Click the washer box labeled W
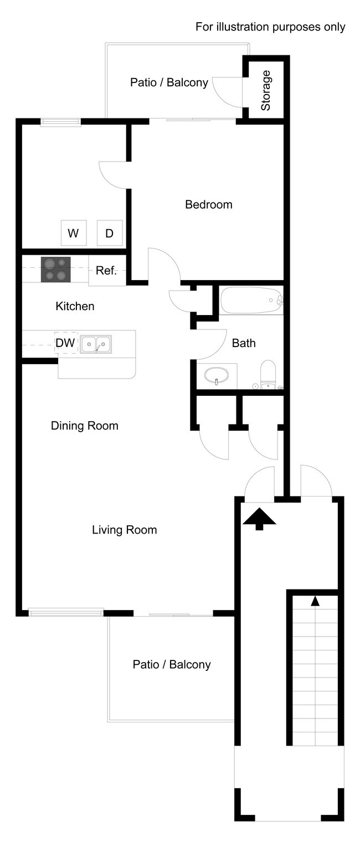tap(73, 233)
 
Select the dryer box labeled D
tap(109, 233)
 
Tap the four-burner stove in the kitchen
tap(55, 270)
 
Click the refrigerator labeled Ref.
tap(106, 271)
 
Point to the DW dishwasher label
tap(65, 343)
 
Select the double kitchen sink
tap(96, 344)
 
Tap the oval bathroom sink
tap(216, 376)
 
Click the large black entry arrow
tap(259, 519)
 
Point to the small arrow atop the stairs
tap(315, 600)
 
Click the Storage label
tap(266, 90)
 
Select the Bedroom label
tap(208, 205)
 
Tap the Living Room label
tap(124, 530)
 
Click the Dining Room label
tap(84, 426)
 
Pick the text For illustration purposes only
tap(270, 27)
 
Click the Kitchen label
tap(75, 306)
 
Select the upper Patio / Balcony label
tap(169, 82)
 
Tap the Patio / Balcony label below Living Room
tap(171, 664)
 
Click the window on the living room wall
tap(66, 612)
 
